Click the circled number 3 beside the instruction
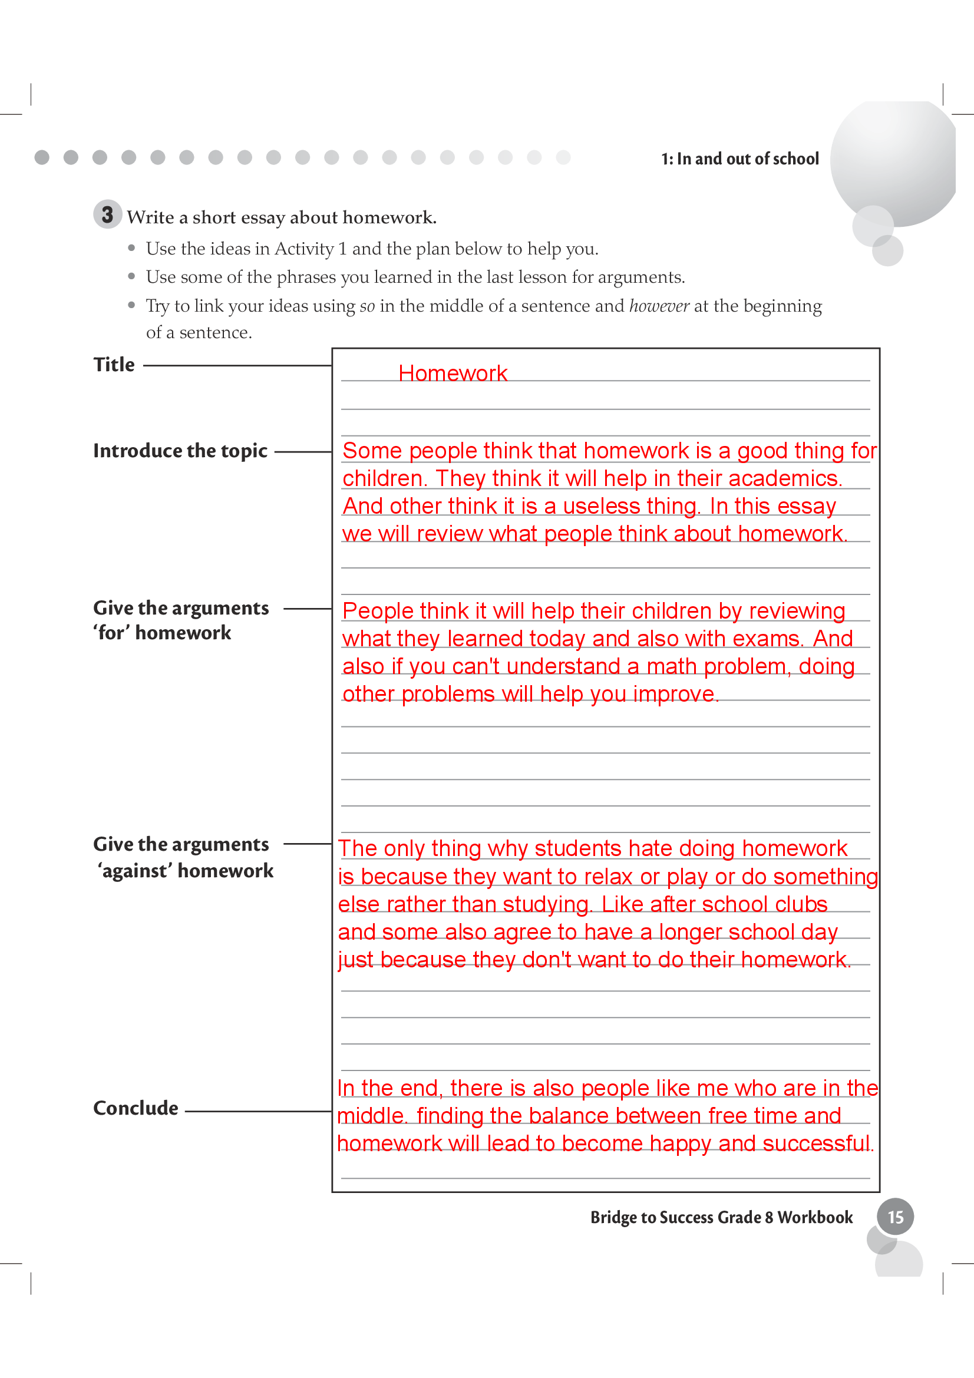tap(107, 214)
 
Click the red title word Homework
tap(453, 374)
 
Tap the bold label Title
tap(114, 365)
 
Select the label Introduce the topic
tap(180, 451)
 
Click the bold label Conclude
tap(136, 1108)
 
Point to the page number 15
tap(895, 1217)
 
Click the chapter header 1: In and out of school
tap(739, 159)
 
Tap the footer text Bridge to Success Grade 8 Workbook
tap(721, 1217)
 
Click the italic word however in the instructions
tap(658, 306)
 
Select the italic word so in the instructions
tap(367, 307)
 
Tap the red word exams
tap(768, 639)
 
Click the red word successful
tap(817, 1144)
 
